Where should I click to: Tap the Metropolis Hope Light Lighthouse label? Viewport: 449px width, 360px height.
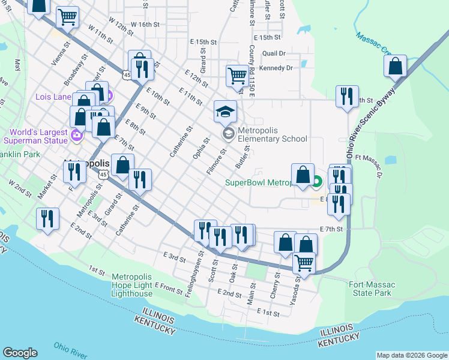click(x=132, y=285)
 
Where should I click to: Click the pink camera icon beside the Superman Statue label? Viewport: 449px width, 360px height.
click(x=76, y=136)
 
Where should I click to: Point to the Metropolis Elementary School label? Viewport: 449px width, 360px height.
click(x=272, y=134)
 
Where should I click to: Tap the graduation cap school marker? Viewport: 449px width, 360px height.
click(x=226, y=112)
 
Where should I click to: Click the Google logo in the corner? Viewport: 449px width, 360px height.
click(x=20, y=353)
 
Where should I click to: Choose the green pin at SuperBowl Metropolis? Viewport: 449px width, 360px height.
click(x=317, y=179)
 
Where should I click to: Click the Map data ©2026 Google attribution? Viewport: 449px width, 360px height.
click(x=412, y=355)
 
